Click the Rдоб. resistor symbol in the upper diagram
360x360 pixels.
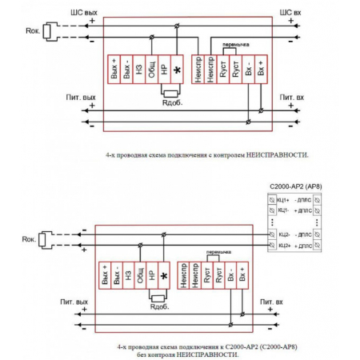pyautogui.click(x=170, y=94)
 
